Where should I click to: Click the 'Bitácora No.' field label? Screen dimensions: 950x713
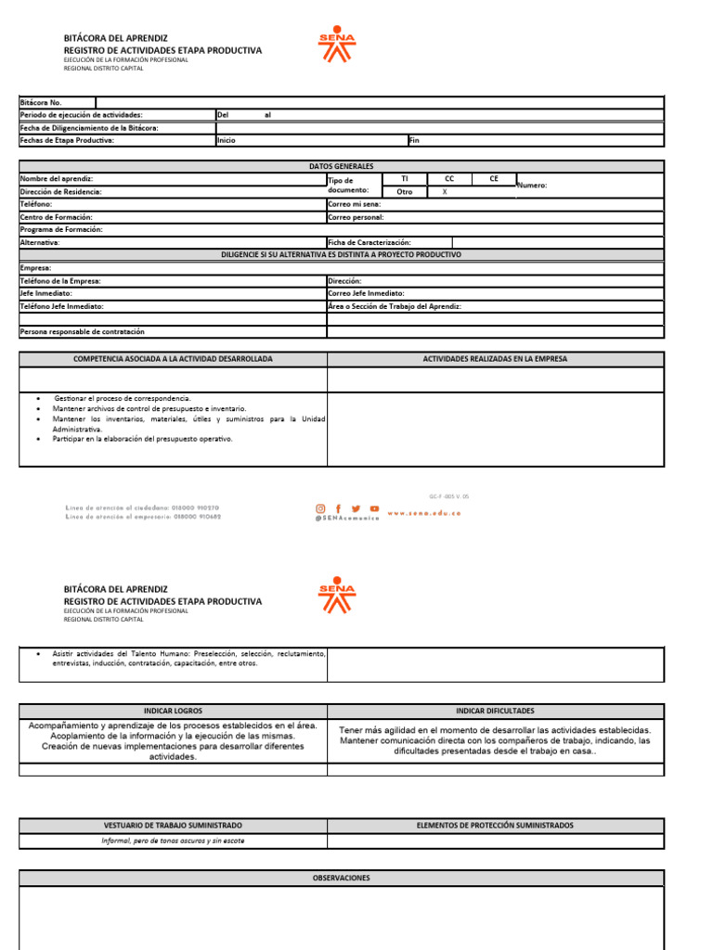point(41,102)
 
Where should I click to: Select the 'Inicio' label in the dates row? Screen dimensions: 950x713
point(226,140)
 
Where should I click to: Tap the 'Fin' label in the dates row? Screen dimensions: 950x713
point(414,140)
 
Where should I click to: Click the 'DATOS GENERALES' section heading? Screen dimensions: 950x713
point(341,166)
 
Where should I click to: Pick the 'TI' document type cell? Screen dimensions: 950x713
point(404,178)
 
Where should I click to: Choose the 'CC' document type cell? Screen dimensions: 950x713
point(449,178)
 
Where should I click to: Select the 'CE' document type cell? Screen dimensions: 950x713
point(494,178)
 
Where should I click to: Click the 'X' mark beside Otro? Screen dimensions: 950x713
point(445,191)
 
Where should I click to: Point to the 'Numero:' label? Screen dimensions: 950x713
point(532,186)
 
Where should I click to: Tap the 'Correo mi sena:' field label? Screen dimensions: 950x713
point(354,204)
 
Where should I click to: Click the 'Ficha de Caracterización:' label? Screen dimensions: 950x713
point(369,242)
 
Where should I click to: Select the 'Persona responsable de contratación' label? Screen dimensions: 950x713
point(83,331)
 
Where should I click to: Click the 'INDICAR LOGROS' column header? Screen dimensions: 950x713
point(173,711)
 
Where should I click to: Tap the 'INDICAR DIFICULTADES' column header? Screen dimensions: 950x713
point(495,711)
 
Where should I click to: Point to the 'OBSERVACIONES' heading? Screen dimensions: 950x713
point(341,878)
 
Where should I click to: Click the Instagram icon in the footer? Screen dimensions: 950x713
point(321,508)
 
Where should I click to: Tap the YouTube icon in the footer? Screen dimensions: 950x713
point(374,508)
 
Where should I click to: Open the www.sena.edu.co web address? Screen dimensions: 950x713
point(423,512)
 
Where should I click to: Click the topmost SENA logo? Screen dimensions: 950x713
point(336,44)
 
